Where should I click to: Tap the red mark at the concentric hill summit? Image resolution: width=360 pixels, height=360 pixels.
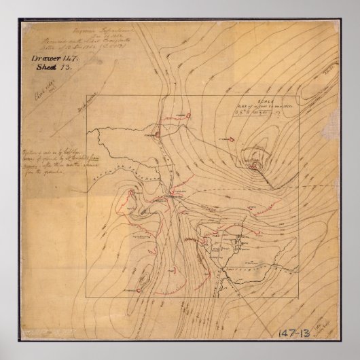[256, 162]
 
